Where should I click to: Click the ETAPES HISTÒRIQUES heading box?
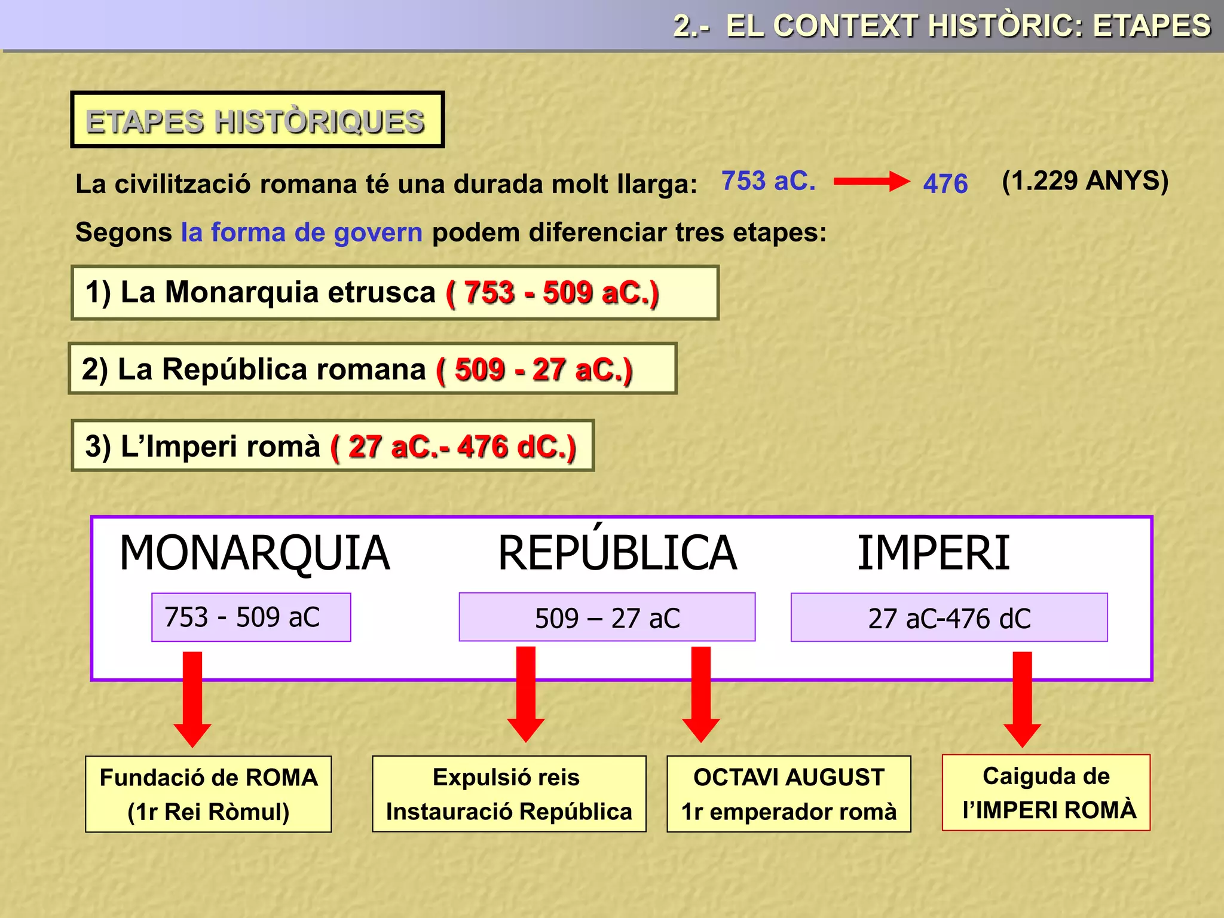[257, 120]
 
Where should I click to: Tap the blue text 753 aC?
[768, 180]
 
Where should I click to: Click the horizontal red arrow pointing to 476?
[871, 181]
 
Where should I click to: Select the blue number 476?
[945, 183]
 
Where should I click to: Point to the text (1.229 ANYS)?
[1085, 180]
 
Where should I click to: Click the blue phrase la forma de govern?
[302, 232]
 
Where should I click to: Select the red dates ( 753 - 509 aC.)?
[552, 293]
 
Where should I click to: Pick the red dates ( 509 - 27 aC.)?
[534, 369]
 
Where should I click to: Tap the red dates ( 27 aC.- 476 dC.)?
[453, 446]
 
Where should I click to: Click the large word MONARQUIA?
[255, 553]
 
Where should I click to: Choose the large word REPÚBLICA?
[617, 553]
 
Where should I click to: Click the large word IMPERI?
[933, 553]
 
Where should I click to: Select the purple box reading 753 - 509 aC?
[251, 617]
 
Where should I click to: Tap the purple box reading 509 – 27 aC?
[607, 617]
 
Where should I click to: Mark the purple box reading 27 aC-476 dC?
[949, 617]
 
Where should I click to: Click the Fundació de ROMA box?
[208, 794]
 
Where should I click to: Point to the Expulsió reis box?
[509, 794]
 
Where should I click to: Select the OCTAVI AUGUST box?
[788, 794]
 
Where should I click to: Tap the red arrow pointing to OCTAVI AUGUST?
[700, 693]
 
